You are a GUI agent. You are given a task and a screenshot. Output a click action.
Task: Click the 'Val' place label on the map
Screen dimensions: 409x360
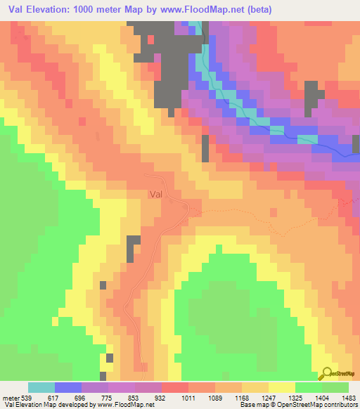pyautogui.click(x=156, y=195)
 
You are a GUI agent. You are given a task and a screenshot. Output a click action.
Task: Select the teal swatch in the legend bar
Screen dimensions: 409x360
pyautogui.click(x=41, y=387)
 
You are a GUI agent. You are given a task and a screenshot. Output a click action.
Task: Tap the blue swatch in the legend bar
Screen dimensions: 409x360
pyautogui.click(x=68, y=387)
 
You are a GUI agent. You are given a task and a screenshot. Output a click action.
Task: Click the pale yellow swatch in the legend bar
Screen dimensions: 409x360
pyautogui.click(x=282, y=387)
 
